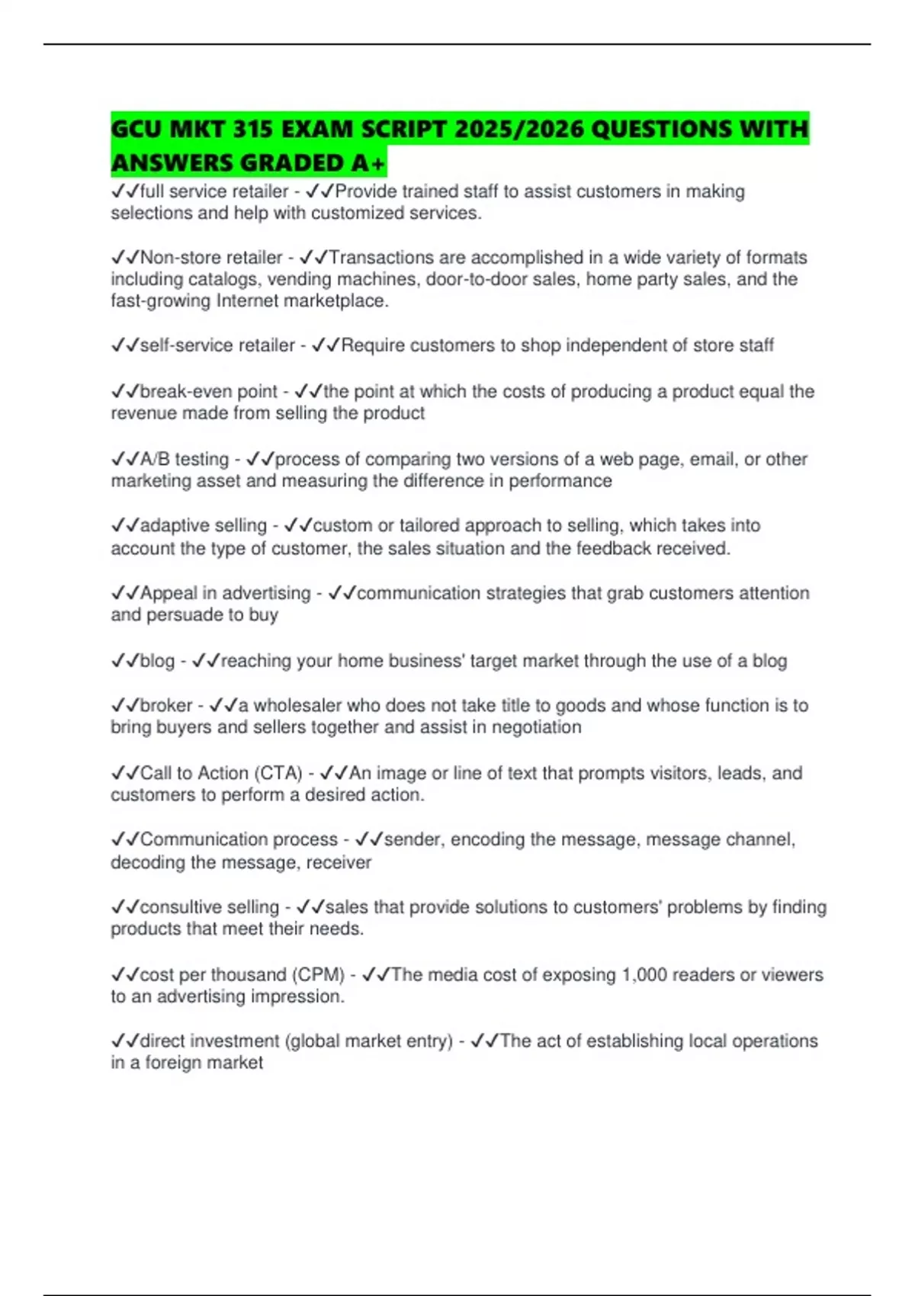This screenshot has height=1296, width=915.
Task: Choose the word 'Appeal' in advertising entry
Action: [169, 593]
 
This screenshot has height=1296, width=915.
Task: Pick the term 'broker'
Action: [166, 705]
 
